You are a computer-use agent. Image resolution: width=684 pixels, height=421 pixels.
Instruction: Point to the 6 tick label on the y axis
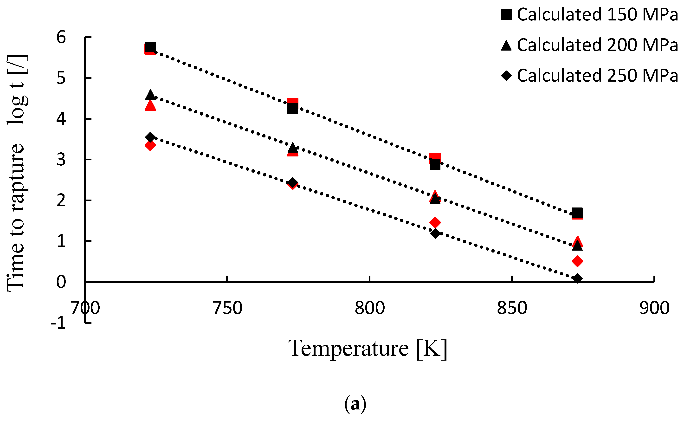click(61, 37)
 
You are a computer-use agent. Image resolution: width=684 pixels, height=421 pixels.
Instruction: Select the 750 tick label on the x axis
click(227, 308)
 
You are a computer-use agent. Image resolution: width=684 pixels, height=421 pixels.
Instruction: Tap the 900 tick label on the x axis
click(654, 308)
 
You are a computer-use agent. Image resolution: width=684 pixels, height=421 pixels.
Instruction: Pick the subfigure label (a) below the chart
click(355, 404)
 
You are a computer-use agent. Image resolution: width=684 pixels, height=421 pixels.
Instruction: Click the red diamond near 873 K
click(577, 261)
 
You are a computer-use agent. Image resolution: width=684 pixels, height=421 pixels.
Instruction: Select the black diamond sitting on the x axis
click(577, 279)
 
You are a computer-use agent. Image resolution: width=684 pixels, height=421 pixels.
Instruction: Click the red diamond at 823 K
click(435, 222)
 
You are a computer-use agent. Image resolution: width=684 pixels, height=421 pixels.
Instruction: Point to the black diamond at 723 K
click(150, 137)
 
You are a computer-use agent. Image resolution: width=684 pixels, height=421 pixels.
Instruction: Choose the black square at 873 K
click(577, 213)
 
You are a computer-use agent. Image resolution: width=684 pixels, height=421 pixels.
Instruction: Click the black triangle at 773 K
click(293, 147)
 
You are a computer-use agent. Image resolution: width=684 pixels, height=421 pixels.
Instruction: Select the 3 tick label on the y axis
click(61, 160)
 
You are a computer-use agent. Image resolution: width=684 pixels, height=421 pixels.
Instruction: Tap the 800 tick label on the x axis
click(369, 308)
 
